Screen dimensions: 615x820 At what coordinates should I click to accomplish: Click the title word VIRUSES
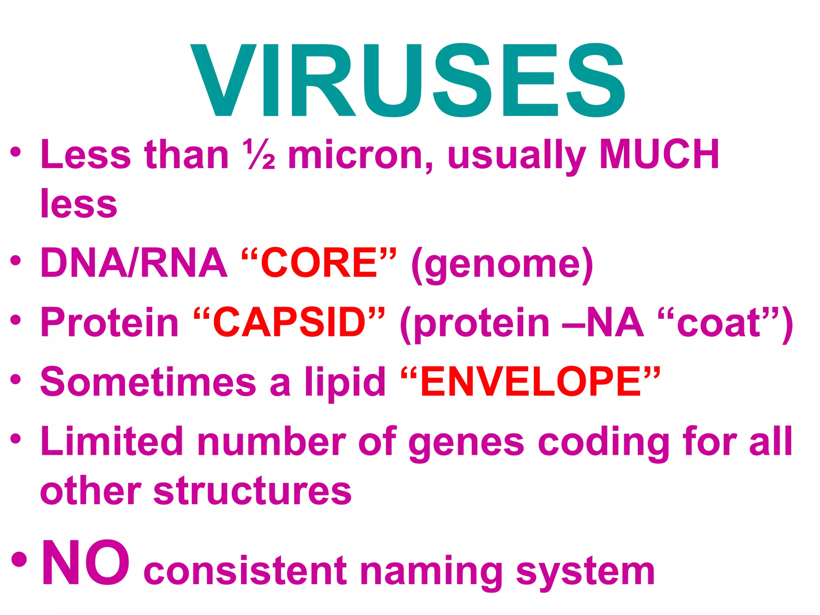pyautogui.click(x=408, y=80)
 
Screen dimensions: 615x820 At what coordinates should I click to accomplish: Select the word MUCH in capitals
pyautogui.click(x=659, y=155)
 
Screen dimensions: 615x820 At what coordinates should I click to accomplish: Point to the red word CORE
pyautogui.click(x=319, y=263)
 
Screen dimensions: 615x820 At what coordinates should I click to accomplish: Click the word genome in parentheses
pyautogui.click(x=502, y=264)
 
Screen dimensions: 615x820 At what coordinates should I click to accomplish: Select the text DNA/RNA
pyautogui.click(x=134, y=263)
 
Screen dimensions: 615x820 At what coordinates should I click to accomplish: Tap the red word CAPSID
pyautogui.click(x=289, y=322)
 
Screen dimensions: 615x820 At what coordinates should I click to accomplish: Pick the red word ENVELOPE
pyautogui.click(x=531, y=382)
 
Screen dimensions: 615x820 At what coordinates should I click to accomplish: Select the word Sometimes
pyautogui.click(x=148, y=382)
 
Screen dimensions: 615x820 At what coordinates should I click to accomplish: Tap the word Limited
pyautogui.click(x=112, y=442)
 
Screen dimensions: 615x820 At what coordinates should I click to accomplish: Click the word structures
pyautogui.click(x=252, y=492)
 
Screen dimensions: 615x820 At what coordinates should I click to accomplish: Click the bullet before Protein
pyautogui.click(x=16, y=320)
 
